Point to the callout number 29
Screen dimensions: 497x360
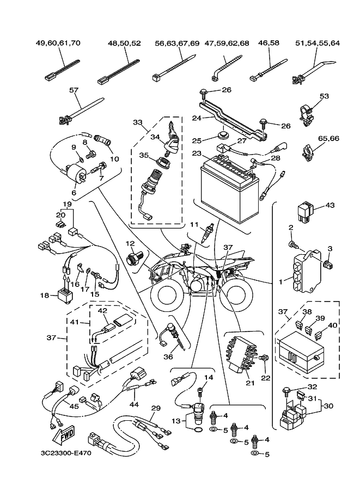[x=156, y=408]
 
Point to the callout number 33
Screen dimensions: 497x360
[x=137, y=123]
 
